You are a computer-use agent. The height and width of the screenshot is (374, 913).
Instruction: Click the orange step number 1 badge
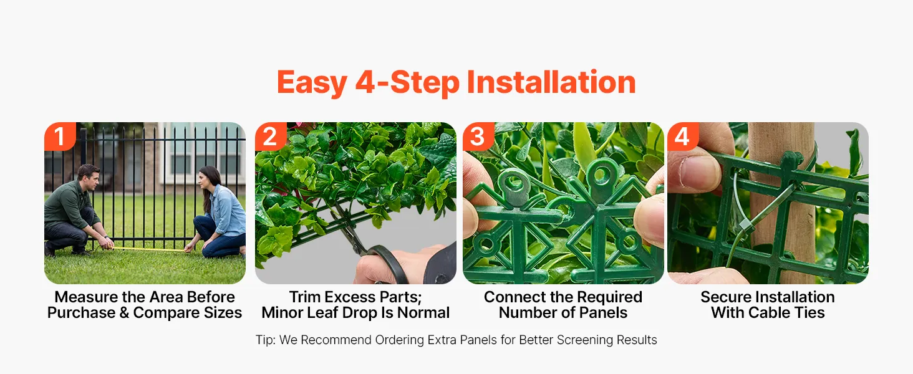pos(60,136)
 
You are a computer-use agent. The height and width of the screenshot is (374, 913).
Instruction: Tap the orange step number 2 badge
pos(271,136)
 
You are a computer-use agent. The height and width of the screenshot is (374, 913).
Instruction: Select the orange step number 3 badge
pos(478,136)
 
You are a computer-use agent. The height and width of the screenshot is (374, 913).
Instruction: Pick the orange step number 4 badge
pos(683,136)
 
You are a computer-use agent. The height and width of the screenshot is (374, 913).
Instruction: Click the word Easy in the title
pos(312,83)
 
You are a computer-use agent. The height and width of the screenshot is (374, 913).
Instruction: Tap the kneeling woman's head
pos(208,180)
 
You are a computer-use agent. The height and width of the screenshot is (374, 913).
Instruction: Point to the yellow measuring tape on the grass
pos(148,249)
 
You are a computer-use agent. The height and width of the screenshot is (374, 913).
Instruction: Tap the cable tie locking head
pos(745,225)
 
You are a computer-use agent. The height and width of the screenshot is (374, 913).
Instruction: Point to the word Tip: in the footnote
pos(266,340)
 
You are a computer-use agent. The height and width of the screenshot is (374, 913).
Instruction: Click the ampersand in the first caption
pos(124,313)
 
